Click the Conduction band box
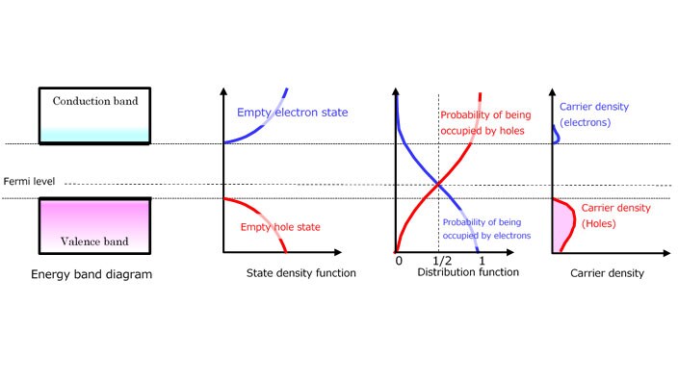94,115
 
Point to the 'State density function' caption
300,273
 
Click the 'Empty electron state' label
292,113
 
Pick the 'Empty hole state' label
280,227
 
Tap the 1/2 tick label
441,262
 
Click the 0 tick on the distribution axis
398,262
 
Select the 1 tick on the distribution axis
480,262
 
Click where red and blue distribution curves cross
439,184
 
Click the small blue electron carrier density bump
555,139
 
